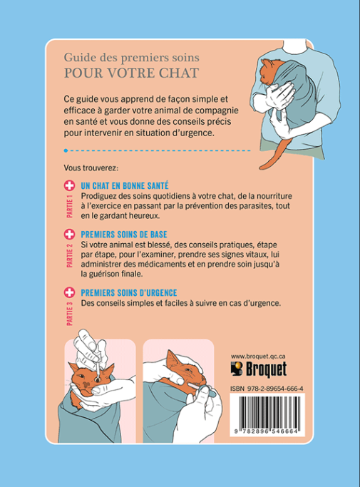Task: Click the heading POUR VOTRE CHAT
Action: (x=131, y=73)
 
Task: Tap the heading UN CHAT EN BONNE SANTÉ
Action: (x=125, y=185)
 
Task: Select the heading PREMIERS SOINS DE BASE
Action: (x=124, y=235)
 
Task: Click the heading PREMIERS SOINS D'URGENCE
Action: (x=129, y=293)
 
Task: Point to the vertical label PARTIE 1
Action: (x=70, y=207)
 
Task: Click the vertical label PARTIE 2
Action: (x=70, y=255)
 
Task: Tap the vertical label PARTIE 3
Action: (x=70, y=314)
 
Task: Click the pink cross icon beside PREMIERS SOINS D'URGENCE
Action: (x=69, y=292)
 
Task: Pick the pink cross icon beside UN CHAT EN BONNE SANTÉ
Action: (x=69, y=185)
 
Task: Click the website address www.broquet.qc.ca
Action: (x=258, y=357)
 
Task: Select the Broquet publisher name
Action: (x=266, y=369)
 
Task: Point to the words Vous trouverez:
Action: (x=91, y=168)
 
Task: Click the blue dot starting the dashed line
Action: (x=66, y=150)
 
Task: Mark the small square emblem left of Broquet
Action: (x=237, y=369)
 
